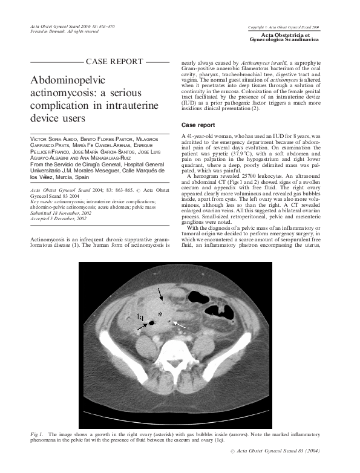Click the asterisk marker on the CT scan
pyautogui.click(x=160, y=314)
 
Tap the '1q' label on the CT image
pyautogui.click(x=140, y=316)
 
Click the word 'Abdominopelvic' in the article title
pyautogui.click(x=70, y=80)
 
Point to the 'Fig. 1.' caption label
pyautogui.click(x=37, y=435)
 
